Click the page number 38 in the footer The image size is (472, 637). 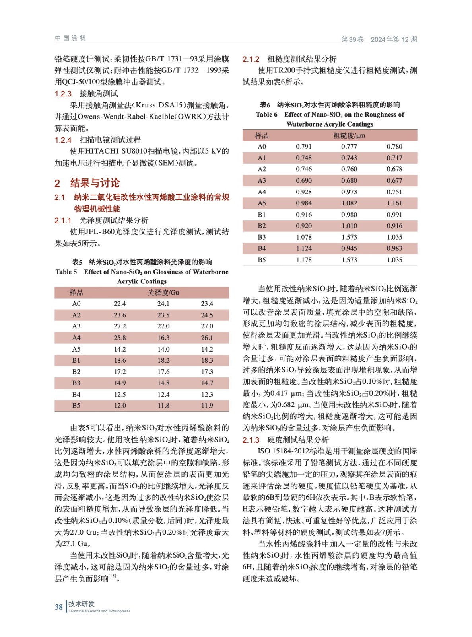58,607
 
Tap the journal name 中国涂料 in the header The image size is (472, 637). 70,38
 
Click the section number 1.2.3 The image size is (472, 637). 63,94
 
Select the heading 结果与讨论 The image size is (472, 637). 95,183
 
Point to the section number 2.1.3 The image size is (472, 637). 251,440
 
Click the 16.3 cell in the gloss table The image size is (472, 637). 163,338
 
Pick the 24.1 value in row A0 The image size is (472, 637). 163,303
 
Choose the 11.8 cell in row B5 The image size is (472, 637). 163,406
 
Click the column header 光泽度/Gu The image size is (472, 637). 163,292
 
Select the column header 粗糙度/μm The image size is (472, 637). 349,135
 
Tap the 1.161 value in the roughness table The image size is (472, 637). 394,203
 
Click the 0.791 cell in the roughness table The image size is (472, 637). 303,147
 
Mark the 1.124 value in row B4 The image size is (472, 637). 303,248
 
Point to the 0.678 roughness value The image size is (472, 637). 394,169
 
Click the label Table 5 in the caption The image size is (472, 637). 66,272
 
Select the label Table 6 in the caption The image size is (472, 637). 266,115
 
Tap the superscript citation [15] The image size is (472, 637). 113,576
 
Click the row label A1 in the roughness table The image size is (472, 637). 262,158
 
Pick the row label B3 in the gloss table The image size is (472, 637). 76,383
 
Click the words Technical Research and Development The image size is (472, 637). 99,611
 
